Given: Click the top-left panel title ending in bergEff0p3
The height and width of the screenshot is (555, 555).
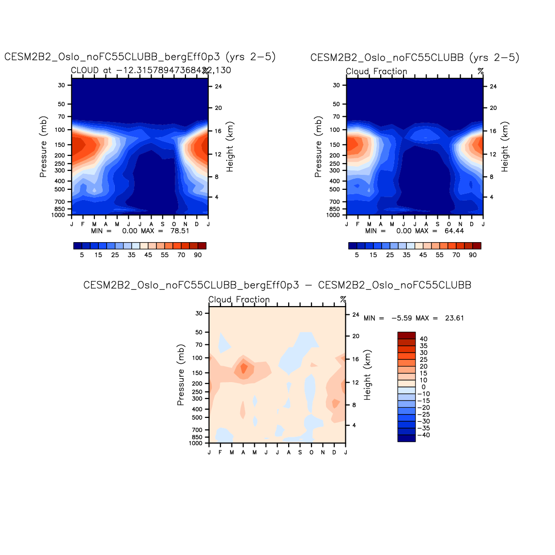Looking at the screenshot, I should (140, 57).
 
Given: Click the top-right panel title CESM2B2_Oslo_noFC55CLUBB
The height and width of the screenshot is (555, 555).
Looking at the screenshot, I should (415, 58).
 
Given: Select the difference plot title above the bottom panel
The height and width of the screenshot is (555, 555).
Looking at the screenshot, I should (277, 285).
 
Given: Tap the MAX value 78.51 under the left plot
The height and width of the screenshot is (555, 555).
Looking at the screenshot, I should (180, 231).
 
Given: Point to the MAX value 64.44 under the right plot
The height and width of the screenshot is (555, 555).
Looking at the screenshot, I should (454, 231).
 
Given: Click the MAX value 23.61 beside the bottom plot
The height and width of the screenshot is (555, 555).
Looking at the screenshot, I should (454, 318).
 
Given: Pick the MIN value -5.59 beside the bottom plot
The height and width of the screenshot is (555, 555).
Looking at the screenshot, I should (401, 318).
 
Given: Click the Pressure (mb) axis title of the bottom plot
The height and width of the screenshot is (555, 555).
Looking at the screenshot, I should (181, 375).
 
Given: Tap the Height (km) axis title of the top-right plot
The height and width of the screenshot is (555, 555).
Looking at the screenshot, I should (505, 147).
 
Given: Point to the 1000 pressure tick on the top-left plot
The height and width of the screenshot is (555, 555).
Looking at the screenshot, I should (58, 215).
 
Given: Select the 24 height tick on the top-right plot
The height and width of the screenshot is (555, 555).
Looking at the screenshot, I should (493, 87).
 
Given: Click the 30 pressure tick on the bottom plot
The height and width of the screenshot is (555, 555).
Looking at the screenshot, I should (199, 313).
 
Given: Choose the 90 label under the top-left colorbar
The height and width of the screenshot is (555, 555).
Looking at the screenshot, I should (198, 255).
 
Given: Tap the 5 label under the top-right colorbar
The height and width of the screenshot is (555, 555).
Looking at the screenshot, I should (357, 255).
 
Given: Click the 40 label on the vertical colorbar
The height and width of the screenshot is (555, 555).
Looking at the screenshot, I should (424, 339).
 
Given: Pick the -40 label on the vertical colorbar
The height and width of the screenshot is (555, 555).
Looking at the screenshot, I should (422, 435).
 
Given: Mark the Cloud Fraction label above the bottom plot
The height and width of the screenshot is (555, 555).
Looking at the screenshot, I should (239, 300).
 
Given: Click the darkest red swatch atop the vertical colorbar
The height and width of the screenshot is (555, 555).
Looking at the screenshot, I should (406, 336).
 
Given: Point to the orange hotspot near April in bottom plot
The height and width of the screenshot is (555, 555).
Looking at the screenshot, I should (244, 369).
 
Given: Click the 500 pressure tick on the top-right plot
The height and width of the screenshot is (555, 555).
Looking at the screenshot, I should (334, 189).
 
